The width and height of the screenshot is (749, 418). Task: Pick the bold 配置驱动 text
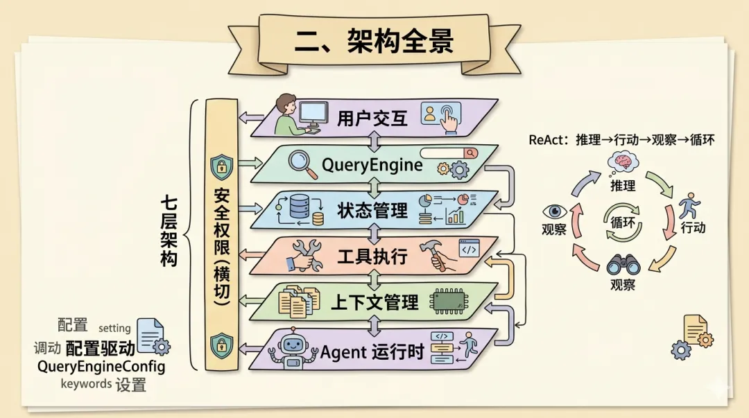point(100,348)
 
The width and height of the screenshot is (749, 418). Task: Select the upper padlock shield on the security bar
point(221,166)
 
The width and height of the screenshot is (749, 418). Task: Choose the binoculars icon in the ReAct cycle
point(623,265)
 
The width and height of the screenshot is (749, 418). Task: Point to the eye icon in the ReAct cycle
point(555,212)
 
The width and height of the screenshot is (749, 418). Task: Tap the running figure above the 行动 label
point(689,206)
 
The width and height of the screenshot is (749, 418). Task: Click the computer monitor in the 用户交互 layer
point(313,113)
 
